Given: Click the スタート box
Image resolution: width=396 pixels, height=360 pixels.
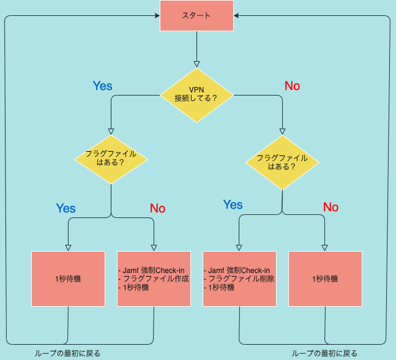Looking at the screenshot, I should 196,15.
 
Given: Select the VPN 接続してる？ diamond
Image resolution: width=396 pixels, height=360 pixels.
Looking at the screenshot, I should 196,94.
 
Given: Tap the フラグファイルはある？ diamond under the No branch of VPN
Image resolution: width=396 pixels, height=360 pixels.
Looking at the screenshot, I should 282,162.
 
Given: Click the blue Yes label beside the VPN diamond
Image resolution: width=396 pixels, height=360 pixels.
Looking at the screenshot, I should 102,86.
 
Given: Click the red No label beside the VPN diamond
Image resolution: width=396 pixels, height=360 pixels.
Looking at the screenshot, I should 292,86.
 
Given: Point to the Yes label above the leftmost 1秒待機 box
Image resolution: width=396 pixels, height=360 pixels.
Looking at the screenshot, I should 65,208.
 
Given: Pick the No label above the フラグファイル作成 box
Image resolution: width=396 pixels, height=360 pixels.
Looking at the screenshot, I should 157,208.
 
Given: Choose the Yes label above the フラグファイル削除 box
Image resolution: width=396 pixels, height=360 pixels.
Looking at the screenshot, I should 233,204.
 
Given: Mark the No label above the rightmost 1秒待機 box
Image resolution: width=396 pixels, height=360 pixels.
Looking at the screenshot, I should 331,207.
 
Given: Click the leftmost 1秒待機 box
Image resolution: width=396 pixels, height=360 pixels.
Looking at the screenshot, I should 68,279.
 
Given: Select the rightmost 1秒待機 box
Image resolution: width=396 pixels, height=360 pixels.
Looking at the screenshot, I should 324,279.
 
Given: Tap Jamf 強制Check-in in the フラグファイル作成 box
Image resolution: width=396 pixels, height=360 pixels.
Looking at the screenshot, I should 154,270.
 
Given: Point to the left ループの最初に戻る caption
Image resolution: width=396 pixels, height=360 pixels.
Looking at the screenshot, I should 67,353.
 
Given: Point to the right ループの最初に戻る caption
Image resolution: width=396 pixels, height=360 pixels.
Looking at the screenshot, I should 324,353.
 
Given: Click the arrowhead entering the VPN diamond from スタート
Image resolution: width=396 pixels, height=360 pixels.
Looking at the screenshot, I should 196,63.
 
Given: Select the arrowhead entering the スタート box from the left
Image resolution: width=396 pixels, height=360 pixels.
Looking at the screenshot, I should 157,16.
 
